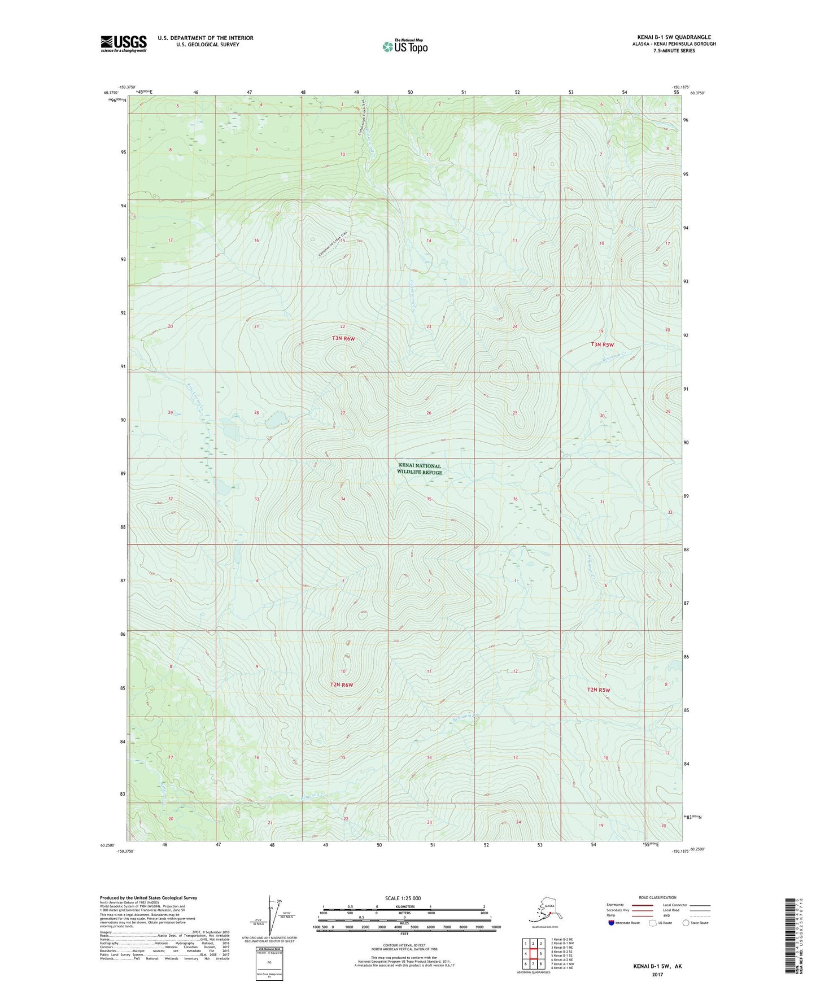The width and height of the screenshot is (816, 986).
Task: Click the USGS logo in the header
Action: [x=123, y=43]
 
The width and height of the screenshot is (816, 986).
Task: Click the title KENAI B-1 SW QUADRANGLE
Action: [x=674, y=37]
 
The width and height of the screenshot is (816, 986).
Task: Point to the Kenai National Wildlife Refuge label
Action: [x=419, y=469]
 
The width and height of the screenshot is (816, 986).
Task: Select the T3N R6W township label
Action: [x=343, y=338]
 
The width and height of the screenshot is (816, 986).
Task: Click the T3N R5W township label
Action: [x=602, y=344]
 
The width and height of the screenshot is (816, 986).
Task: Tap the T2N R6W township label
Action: [x=341, y=684]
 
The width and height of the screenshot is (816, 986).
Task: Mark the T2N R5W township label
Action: [x=599, y=690]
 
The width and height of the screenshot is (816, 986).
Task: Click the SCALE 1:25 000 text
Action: [x=403, y=898]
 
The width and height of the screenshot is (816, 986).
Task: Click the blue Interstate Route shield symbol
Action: [x=611, y=923]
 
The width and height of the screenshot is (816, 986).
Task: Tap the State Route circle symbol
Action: [x=686, y=923]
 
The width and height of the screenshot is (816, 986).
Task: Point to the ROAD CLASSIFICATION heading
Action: [x=657, y=897]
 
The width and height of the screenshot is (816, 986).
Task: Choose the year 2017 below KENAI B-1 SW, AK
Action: [x=657, y=974]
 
